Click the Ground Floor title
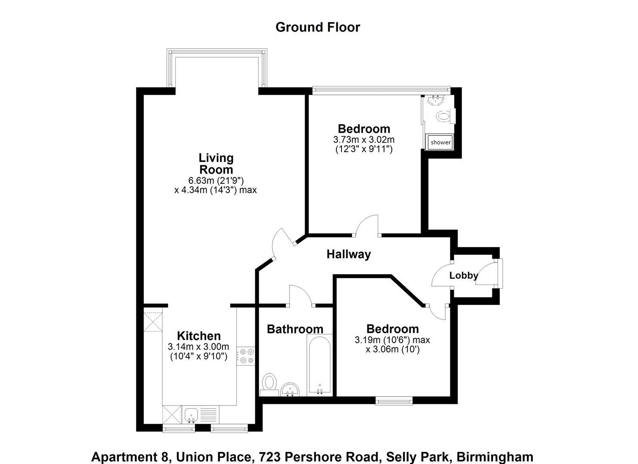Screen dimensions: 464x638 tap(317, 27)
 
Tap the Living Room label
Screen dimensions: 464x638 tap(216, 164)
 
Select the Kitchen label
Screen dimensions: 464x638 tap(199, 336)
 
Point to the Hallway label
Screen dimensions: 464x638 tap(348, 254)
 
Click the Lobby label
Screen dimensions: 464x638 tap(463, 275)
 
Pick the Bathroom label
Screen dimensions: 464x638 tap(295, 329)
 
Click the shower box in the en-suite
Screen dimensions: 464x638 tap(440, 142)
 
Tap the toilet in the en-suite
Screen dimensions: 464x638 tap(443, 116)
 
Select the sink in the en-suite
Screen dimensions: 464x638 tap(436, 101)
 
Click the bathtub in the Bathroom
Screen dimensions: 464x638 tap(319, 365)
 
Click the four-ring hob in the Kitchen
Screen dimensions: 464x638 tap(247, 356)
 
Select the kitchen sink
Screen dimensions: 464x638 tap(191, 415)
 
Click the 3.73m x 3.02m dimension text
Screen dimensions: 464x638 tap(363, 140)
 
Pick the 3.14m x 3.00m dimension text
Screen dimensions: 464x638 tap(198, 347)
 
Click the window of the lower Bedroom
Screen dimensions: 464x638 tap(394, 401)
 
